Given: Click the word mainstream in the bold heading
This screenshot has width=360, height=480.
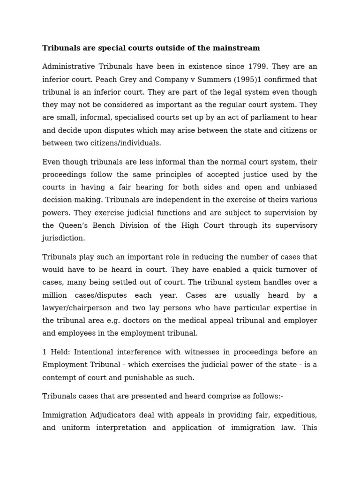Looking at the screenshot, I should coord(238,48).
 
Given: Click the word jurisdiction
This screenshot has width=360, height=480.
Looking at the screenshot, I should coord(64,238).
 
